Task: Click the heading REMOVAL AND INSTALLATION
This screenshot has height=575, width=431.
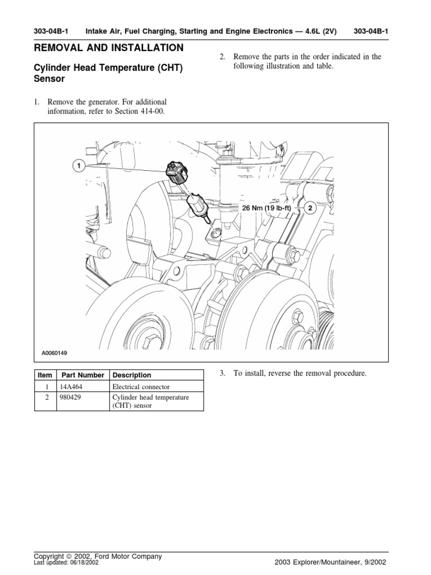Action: point(108,48)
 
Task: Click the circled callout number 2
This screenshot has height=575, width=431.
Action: point(309,207)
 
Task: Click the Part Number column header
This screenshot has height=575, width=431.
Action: point(83,375)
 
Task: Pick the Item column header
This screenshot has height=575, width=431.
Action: point(44,375)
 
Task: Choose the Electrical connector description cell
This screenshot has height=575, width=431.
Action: point(140,387)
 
